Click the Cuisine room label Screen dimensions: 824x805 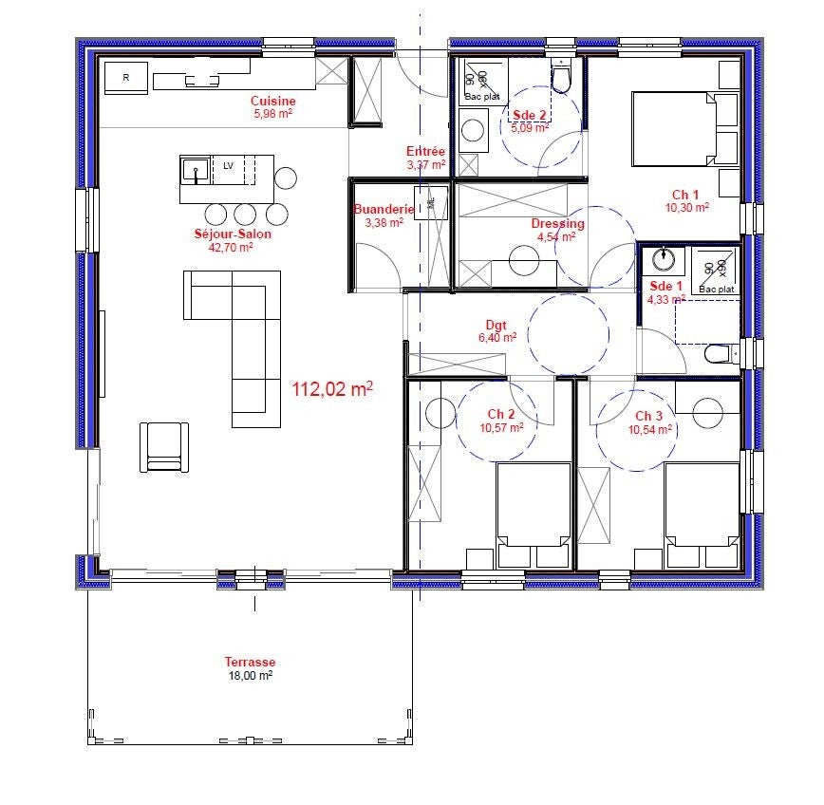pyautogui.click(x=272, y=101)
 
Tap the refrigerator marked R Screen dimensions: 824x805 pyautogui.click(x=126, y=78)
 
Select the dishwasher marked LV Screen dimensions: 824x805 pyautogui.click(x=228, y=169)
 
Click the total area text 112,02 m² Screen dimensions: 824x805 pyautogui.click(x=332, y=389)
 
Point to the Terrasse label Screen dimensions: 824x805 pyautogui.click(x=251, y=662)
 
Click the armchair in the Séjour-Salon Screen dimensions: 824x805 pyautogui.click(x=164, y=447)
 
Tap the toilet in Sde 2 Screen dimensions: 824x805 pyautogui.click(x=561, y=77)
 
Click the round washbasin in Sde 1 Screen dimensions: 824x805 pyautogui.click(x=664, y=259)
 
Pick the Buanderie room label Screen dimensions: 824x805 pyautogui.click(x=384, y=209)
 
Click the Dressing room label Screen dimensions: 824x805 pyautogui.click(x=557, y=223)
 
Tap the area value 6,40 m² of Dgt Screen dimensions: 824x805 pyautogui.click(x=497, y=337)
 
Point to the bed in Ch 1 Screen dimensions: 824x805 pyautogui.click(x=674, y=129)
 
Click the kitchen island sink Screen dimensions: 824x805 pyautogui.click(x=196, y=170)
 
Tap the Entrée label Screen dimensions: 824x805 pyautogui.click(x=425, y=151)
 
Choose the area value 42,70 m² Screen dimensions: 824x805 pyautogui.click(x=231, y=247)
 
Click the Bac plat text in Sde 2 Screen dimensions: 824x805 pyautogui.click(x=482, y=97)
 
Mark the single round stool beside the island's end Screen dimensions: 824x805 pyautogui.click(x=286, y=178)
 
